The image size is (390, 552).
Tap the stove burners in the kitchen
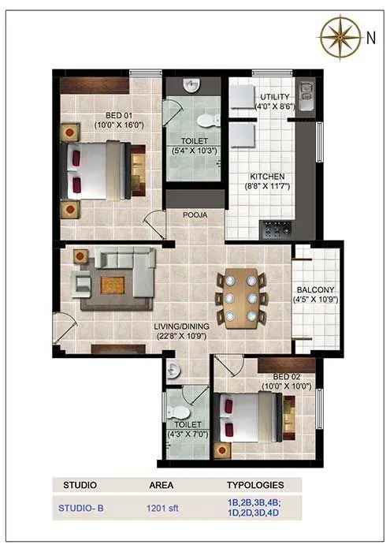[x=277, y=229]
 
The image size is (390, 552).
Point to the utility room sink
[x=304, y=94]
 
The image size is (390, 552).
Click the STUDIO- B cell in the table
[x=81, y=509]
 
